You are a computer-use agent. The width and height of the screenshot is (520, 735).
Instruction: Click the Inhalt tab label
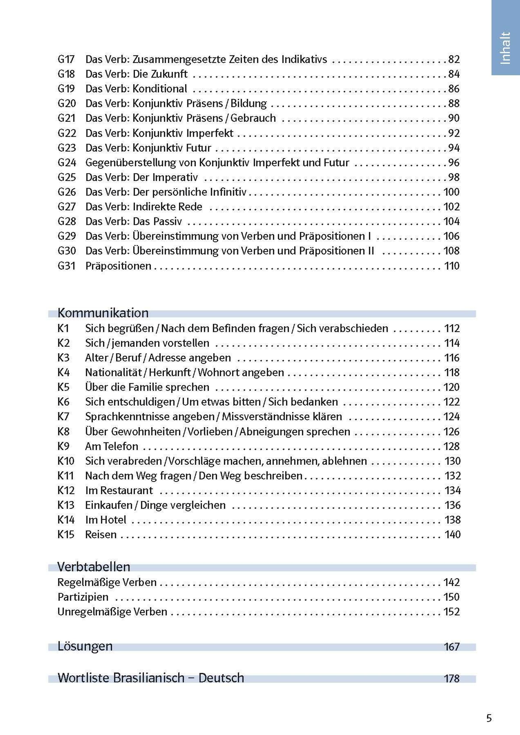pyautogui.click(x=505, y=48)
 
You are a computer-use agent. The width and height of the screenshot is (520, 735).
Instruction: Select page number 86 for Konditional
pyautogui.click(x=454, y=89)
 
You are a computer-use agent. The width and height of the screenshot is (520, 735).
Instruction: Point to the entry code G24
pyautogui.click(x=67, y=163)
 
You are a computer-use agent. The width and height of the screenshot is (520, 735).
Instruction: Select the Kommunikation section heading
pyautogui.click(x=103, y=313)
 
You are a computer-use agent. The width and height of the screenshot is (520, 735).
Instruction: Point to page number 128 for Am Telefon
pyautogui.click(x=452, y=446)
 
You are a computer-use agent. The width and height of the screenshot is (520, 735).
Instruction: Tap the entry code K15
pyautogui.click(x=66, y=535)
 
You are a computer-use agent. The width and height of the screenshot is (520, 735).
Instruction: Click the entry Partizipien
pyautogui.click(x=83, y=597)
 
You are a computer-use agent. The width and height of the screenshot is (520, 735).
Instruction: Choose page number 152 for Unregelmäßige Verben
pyautogui.click(x=452, y=612)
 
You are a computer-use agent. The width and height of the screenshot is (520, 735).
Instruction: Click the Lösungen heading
pyautogui.click(x=85, y=646)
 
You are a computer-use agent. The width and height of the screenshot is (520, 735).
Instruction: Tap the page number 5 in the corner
pyautogui.click(x=489, y=718)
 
